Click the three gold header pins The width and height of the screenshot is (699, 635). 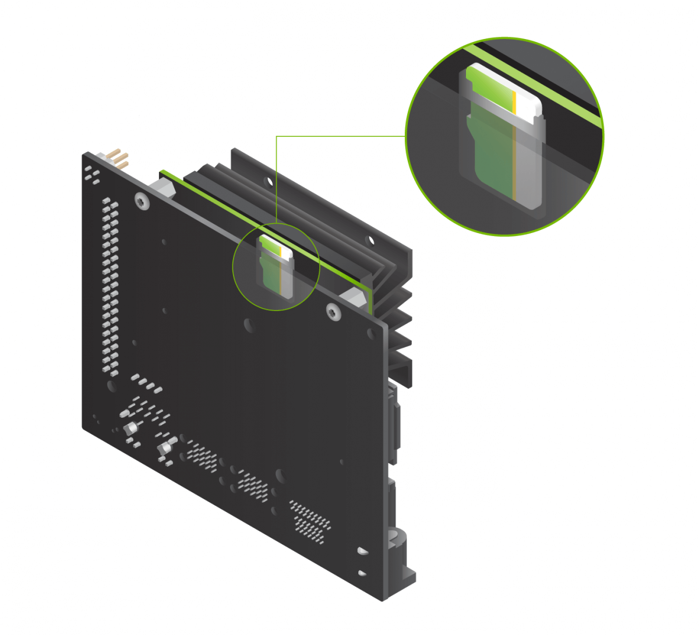click(x=119, y=159)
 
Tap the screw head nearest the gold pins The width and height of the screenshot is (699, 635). click(x=142, y=202)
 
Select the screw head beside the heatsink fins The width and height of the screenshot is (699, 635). click(x=333, y=312)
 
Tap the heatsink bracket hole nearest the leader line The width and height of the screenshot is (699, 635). click(x=269, y=182)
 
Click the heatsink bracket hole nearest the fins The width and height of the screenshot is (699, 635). click(x=369, y=239)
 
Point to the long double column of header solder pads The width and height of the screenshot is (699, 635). click(x=110, y=285)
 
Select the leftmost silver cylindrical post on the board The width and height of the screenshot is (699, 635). click(x=130, y=429)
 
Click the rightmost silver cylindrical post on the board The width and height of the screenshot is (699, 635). click(x=165, y=447)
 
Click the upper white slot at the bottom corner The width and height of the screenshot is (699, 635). click(x=362, y=550)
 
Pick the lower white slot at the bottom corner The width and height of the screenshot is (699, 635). click(x=362, y=573)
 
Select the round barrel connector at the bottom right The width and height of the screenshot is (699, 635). click(x=398, y=538)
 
